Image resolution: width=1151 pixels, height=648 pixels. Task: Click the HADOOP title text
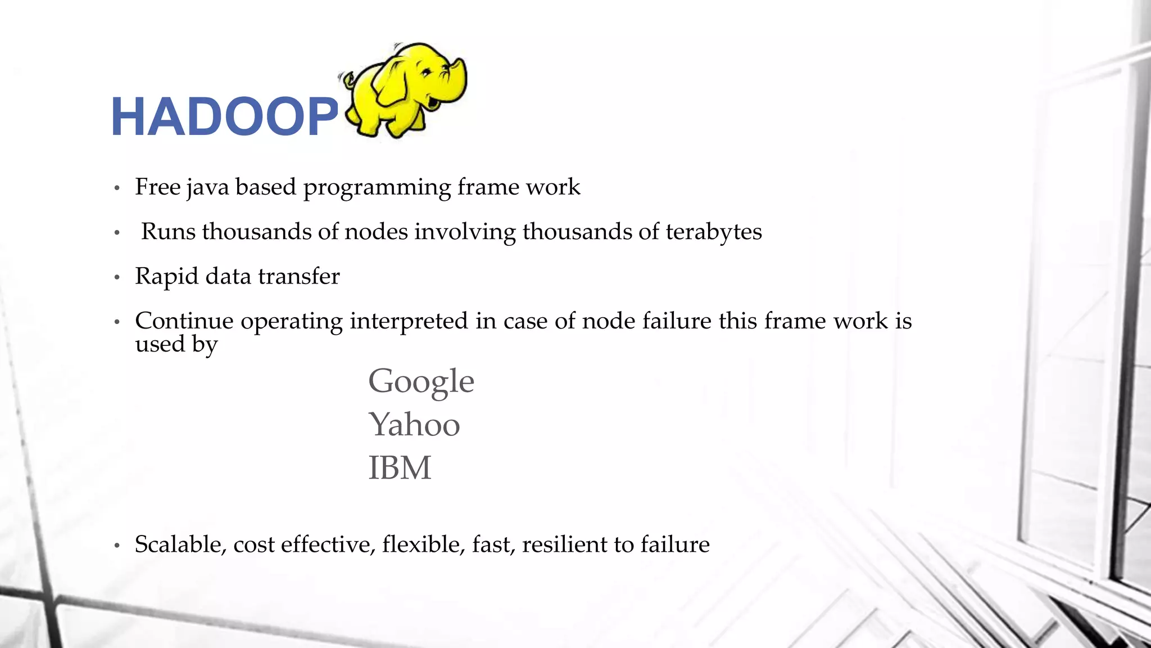pos(224,117)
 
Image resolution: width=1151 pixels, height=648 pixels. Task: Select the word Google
pos(421,382)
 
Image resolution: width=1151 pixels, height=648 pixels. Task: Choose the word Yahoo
pos(414,425)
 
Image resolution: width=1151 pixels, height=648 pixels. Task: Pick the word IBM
pos(400,468)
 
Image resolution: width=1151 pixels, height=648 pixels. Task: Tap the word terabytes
pos(714,232)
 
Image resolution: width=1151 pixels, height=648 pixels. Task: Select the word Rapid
pos(167,277)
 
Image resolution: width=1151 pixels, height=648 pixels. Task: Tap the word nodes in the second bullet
pos(376,232)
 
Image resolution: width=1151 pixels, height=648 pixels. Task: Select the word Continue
pos(184,321)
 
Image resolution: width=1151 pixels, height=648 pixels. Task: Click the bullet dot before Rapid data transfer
pos(117,277)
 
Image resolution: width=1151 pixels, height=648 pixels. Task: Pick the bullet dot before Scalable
pos(117,546)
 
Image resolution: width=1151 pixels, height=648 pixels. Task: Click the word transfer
pos(298,277)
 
